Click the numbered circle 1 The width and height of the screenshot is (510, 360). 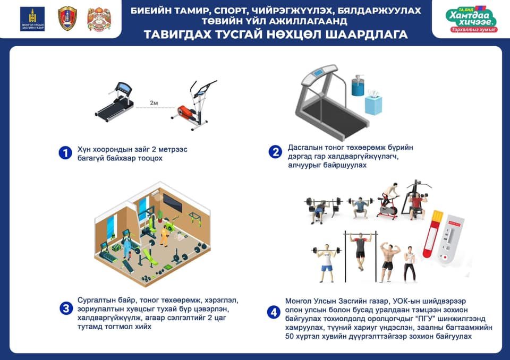tap(65, 153)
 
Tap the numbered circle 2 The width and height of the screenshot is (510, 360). tap(275, 152)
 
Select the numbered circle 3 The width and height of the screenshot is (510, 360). tap(65, 308)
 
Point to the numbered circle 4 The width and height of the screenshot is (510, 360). tap(274, 313)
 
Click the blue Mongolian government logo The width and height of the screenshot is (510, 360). tap(32, 19)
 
